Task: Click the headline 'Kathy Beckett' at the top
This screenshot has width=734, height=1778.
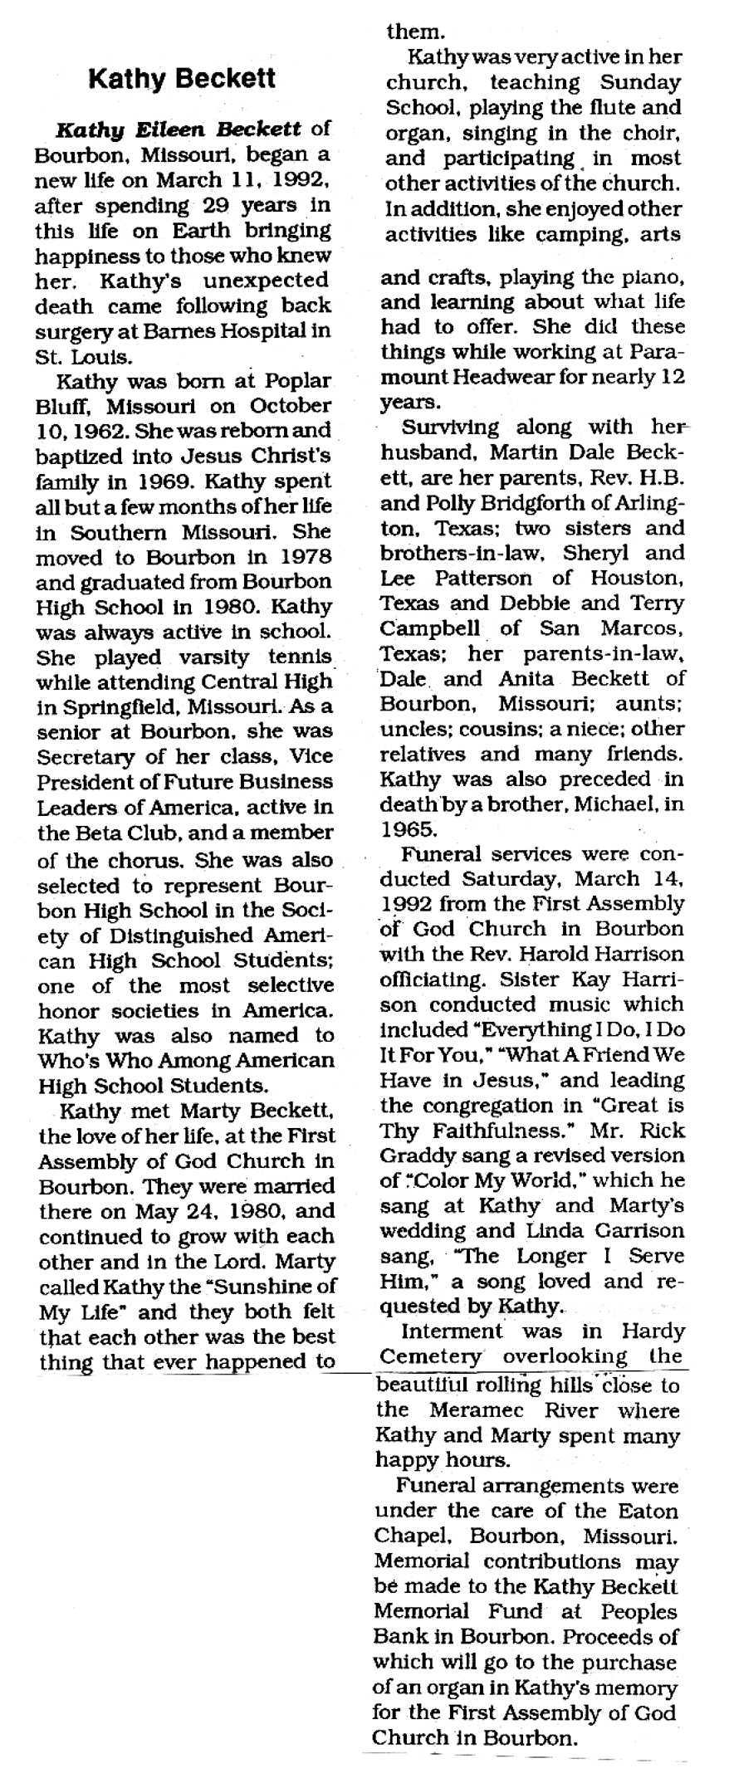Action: pos(182,79)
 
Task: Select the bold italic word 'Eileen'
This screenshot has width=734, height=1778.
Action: pos(165,129)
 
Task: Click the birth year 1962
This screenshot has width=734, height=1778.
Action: pos(98,432)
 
